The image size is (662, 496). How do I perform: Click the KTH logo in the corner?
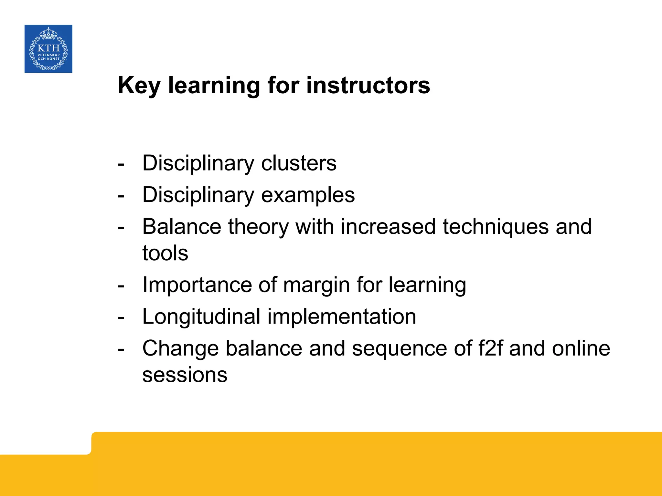[48, 49]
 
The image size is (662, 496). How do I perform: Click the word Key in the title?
[139, 86]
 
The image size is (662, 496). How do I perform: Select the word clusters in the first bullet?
[299, 163]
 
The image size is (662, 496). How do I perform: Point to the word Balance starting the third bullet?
[182, 226]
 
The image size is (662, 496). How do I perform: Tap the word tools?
[165, 253]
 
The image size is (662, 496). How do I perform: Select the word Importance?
[197, 285]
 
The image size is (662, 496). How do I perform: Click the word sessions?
[185, 375]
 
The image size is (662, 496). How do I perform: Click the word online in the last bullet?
[581, 348]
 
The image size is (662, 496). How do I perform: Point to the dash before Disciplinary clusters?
[121, 164]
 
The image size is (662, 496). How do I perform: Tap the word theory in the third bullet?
[258, 227]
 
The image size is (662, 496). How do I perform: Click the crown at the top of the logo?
[48, 33]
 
